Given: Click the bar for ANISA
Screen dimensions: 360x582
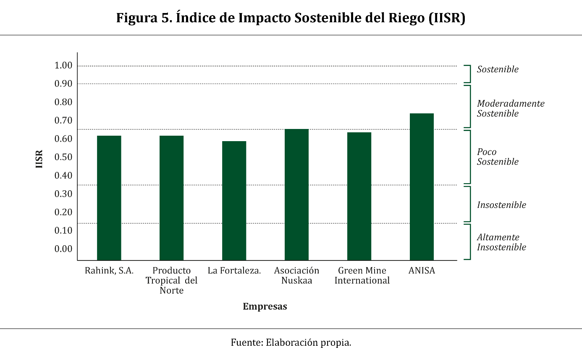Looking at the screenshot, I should tap(422, 187).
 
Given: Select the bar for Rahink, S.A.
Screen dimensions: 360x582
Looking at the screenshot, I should tap(109, 198).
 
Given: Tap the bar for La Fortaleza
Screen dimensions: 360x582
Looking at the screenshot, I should tap(234, 201).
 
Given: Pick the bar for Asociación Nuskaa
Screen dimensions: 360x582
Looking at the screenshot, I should tap(296, 194).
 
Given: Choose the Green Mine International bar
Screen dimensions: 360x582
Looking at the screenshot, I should tap(359, 196).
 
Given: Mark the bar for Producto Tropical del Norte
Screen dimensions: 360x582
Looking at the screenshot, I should tap(171, 198).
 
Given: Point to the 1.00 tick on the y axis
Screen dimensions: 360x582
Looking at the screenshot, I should tap(63, 66).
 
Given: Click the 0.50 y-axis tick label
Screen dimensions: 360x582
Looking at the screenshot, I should tap(63, 157).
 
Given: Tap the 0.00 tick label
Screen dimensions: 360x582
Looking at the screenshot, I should tap(63, 249).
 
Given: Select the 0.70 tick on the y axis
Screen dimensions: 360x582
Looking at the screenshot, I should tap(63, 121).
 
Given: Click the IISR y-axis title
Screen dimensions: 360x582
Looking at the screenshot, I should tap(39, 159).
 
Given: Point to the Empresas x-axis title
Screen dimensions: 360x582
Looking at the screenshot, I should tap(265, 307).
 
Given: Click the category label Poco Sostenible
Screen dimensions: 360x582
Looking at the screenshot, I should tap(498, 157).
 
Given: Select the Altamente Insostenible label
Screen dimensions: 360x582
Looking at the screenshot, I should tap(501, 242).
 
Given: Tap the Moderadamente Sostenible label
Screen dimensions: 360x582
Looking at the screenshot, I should tap(511, 108).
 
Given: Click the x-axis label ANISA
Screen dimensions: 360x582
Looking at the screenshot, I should tap(422, 271).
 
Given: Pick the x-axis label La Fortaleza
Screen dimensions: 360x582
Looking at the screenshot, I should tap(234, 271).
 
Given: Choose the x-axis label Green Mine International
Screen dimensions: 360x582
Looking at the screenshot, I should tap(362, 276).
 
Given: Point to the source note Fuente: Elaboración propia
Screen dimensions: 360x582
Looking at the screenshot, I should tap(291, 342).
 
